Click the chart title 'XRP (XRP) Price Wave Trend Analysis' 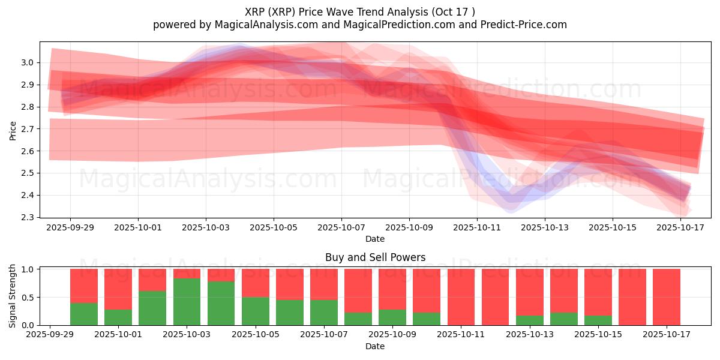(x=360, y=11)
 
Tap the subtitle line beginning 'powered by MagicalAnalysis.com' (x=360, y=25)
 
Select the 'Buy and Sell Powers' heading (x=375, y=257)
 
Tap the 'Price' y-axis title (x=13, y=130)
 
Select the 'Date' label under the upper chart (x=375, y=239)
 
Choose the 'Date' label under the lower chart (x=375, y=346)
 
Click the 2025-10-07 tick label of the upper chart (x=341, y=227)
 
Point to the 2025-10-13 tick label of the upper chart (x=545, y=227)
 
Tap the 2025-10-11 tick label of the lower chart (x=461, y=335)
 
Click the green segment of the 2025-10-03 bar (x=187, y=302)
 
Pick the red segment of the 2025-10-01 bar (x=118, y=289)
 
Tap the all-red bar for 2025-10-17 (x=667, y=297)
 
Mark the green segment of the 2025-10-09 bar (x=392, y=317)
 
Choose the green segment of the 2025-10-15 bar (x=598, y=320)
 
